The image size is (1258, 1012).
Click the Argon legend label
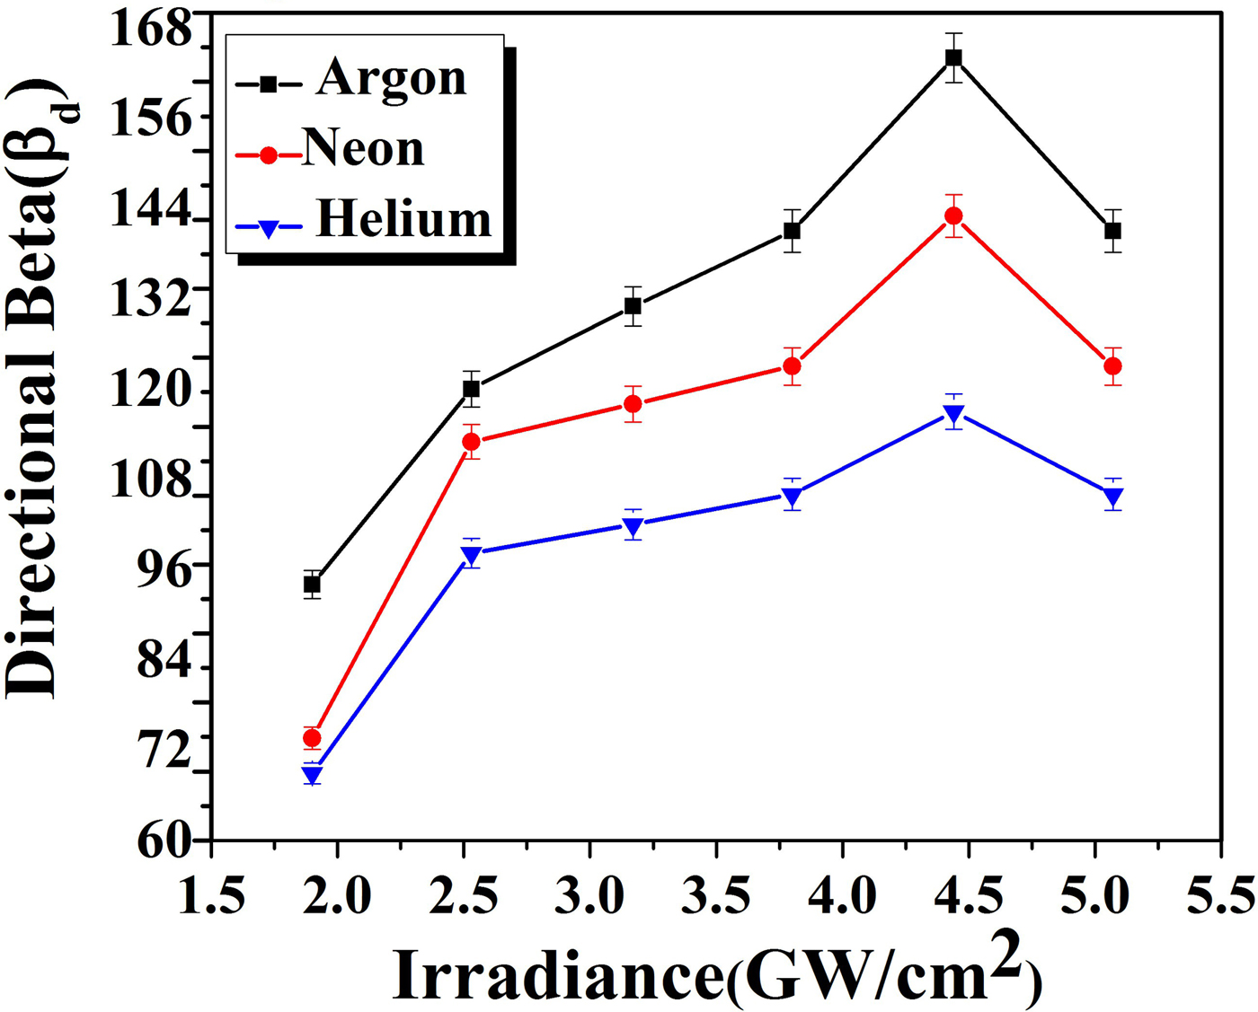tap(391, 79)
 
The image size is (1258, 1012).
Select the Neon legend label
tap(363, 148)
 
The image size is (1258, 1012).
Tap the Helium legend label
tap(403, 219)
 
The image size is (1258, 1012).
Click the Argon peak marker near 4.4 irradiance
tap(953, 58)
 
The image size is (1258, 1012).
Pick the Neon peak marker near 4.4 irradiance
tap(953, 216)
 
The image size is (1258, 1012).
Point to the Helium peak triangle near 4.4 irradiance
tap(953, 413)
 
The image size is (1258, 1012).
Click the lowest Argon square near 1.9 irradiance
tap(312, 585)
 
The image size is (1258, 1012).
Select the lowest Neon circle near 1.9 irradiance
tap(312, 738)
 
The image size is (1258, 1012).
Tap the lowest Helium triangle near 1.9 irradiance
tap(312, 775)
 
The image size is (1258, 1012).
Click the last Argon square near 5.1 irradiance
tap(1112, 231)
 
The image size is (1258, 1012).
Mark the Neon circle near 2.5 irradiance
tap(471, 442)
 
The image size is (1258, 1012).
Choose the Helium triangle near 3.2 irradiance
tap(633, 525)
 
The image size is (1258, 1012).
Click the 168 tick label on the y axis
tap(152, 31)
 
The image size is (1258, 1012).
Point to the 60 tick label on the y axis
tap(165, 840)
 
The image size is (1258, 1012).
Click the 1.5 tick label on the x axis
tap(211, 895)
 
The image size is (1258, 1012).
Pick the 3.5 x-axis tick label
tap(715, 895)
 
